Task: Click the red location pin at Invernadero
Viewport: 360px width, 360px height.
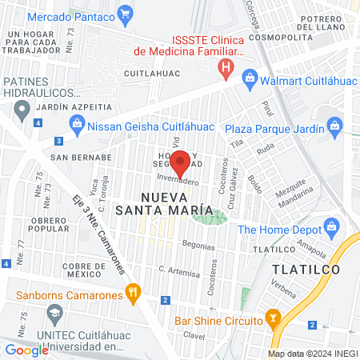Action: (x=181, y=162)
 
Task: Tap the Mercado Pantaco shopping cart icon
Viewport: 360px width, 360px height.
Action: (x=125, y=13)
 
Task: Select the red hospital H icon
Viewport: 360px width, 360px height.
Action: (x=228, y=68)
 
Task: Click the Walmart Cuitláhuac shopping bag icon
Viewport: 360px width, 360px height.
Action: (x=250, y=78)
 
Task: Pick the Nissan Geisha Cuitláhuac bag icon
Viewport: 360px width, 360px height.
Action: (x=77, y=122)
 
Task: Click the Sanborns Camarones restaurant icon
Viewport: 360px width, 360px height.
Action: (x=134, y=295)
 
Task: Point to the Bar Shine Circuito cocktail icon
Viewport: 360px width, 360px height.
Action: (x=274, y=320)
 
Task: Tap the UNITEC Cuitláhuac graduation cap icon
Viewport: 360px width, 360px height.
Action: (x=10, y=332)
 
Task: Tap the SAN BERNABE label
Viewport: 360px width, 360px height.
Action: (x=80, y=157)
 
